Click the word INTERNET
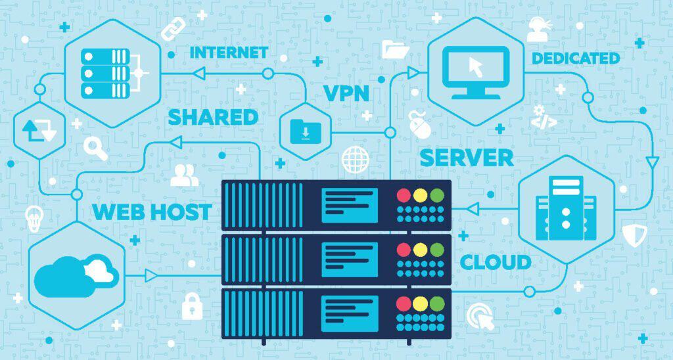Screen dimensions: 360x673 pos(229,53)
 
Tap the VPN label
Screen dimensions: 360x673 pos(346,93)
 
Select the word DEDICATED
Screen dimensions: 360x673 pos(575,58)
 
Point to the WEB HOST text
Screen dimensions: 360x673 pos(152,212)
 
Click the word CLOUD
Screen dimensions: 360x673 pos(496,262)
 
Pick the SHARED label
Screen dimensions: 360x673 pos(213,117)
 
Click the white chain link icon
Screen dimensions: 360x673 pos(174,29)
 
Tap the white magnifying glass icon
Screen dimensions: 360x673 pos(96,149)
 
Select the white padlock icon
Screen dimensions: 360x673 pos(192,305)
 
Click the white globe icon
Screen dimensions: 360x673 pos(356,160)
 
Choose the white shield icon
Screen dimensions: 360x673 pos(634,234)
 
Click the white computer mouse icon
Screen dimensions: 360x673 pos(419,124)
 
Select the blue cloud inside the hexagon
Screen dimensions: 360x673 pos(76,276)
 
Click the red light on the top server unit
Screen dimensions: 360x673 pos(404,195)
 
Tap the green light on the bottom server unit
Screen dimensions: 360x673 pos(437,304)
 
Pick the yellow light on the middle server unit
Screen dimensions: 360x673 pos(421,250)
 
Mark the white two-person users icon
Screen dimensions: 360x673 pos(184,175)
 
